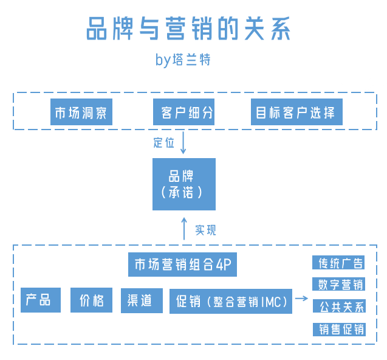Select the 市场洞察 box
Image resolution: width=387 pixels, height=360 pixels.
click(x=81, y=113)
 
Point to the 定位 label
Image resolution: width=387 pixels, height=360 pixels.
click(x=163, y=144)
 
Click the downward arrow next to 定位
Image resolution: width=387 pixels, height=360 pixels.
click(x=183, y=143)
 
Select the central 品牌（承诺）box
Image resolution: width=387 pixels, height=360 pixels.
click(x=183, y=184)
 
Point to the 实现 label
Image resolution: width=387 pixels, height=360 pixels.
click(x=205, y=230)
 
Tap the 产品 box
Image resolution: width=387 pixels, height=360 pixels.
click(x=41, y=300)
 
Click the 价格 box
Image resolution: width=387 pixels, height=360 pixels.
click(x=91, y=300)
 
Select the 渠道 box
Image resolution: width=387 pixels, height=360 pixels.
click(x=141, y=300)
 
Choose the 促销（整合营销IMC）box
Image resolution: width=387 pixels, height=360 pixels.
click(x=230, y=301)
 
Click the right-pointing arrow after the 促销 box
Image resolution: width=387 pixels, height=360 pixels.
click(x=301, y=299)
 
